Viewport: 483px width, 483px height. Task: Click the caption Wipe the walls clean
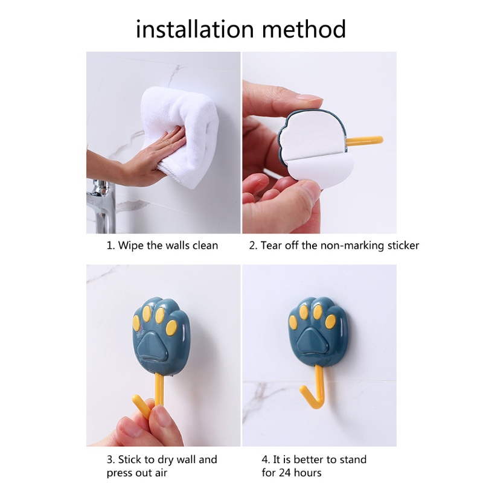coord(162,246)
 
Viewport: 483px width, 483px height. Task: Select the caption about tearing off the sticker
coord(334,246)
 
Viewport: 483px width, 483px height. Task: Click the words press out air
coord(136,473)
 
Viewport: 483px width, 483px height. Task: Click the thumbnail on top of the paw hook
coord(309,97)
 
